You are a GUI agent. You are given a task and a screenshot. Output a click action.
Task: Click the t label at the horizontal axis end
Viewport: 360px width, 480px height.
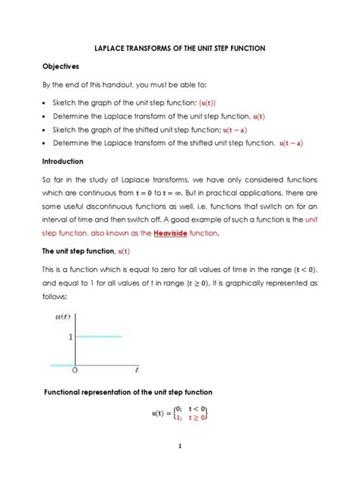tap(136, 371)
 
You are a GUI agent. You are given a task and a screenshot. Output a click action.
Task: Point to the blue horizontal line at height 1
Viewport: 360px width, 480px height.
tap(99, 336)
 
